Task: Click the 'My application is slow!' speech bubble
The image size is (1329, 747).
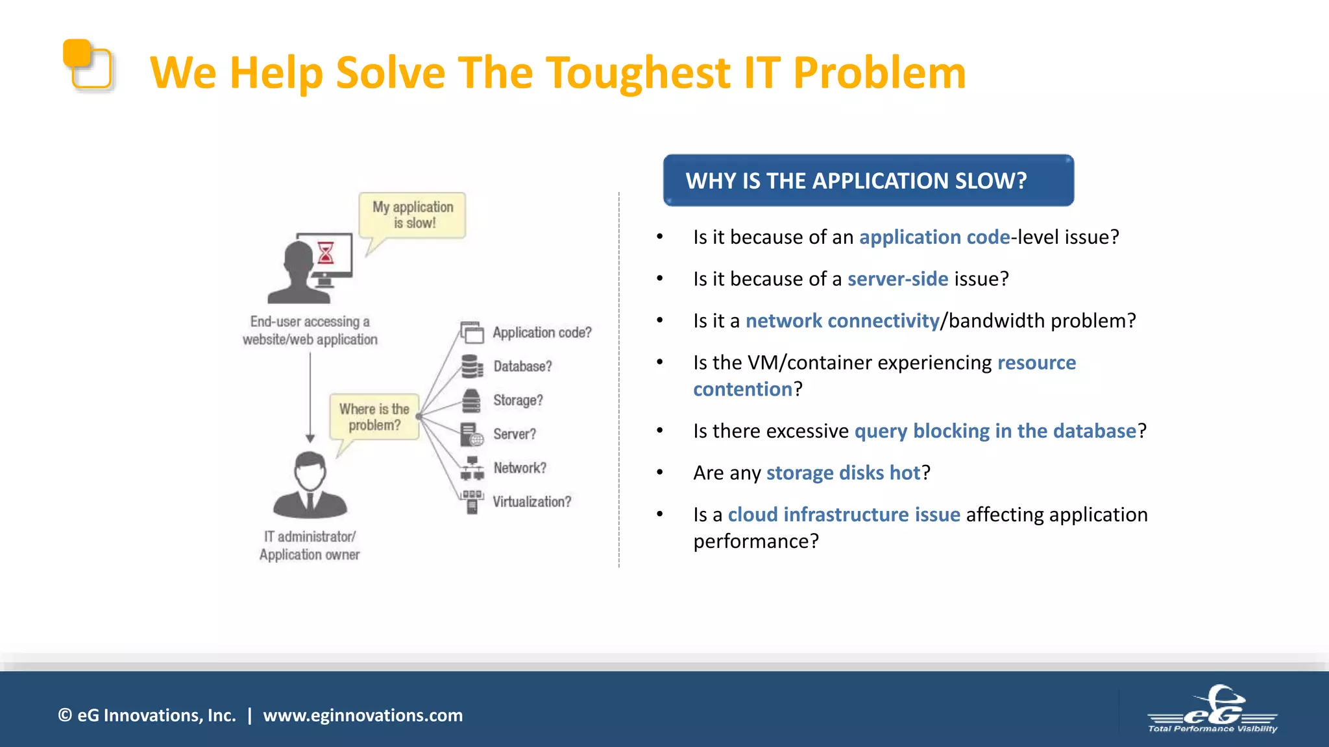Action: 413,215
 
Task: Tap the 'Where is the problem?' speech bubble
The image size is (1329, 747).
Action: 374,417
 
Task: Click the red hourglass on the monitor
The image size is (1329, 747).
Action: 326,252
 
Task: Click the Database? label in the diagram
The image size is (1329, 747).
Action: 522,366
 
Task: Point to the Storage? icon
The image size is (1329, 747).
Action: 471,401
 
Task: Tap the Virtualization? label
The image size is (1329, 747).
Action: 531,502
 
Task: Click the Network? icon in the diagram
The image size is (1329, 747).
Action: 472,468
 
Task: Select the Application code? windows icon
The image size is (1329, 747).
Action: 472,332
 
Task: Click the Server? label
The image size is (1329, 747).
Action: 515,434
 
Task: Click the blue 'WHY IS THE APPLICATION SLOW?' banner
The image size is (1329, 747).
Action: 868,180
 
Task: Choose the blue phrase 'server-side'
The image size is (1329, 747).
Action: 897,279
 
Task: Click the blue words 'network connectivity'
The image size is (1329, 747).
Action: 842,321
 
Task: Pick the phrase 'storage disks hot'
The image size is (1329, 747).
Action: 843,473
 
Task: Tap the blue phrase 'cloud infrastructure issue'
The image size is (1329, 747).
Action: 844,515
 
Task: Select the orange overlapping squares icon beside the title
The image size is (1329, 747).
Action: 88,64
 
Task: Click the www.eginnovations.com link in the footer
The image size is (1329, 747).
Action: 363,715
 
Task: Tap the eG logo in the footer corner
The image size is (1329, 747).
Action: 1212,709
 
